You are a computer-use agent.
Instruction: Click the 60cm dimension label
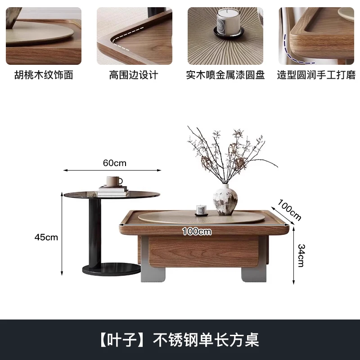[x=115, y=163]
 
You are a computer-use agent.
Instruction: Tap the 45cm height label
[x=46, y=237]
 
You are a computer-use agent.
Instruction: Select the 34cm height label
[x=301, y=255]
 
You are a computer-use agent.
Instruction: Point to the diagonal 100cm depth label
[x=289, y=210]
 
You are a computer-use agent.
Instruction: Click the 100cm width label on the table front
[x=197, y=231]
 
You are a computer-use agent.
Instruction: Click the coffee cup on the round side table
[x=114, y=181]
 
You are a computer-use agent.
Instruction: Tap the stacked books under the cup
[x=113, y=191]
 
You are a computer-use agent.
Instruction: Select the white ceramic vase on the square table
[x=225, y=200]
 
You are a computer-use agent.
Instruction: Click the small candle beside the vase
[x=201, y=211]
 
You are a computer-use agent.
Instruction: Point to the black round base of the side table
[x=112, y=269]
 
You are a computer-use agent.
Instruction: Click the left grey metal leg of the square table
[x=153, y=260]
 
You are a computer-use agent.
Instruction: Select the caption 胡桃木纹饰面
[x=44, y=75]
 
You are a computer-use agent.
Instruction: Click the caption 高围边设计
[x=134, y=75]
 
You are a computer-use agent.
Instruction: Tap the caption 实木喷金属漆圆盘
[x=225, y=75]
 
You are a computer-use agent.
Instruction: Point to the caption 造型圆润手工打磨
[x=316, y=75]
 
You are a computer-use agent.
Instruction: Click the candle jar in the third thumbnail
[x=228, y=23]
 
